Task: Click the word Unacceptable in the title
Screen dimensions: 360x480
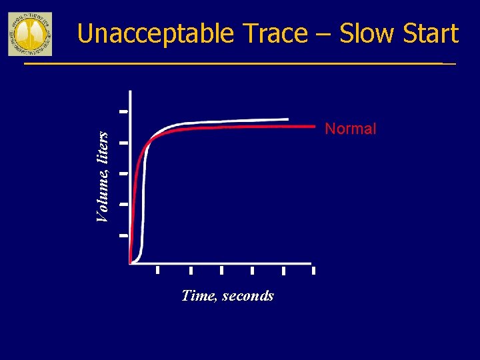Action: click(x=155, y=33)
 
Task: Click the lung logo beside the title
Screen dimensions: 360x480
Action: click(x=29, y=33)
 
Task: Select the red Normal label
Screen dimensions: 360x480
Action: click(x=350, y=129)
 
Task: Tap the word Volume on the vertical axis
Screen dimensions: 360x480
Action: click(x=102, y=194)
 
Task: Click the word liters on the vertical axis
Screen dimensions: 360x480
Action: click(x=102, y=146)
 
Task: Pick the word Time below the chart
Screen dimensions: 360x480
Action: click(x=197, y=295)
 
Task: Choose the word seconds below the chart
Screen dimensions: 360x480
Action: click(x=248, y=295)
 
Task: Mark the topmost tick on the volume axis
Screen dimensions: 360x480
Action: click(x=123, y=111)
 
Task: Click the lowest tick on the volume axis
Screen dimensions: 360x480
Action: click(x=123, y=235)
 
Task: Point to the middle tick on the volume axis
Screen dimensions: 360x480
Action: click(x=123, y=173)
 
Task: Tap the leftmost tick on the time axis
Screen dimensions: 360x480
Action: click(x=157, y=270)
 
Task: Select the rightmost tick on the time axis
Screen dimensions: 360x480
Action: click(x=313, y=271)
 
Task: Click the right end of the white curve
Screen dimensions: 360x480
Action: click(x=287, y=119)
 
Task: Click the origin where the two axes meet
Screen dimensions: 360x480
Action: click(x=130, y=263)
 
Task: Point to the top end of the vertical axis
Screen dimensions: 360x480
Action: click(x=130, y=92)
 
